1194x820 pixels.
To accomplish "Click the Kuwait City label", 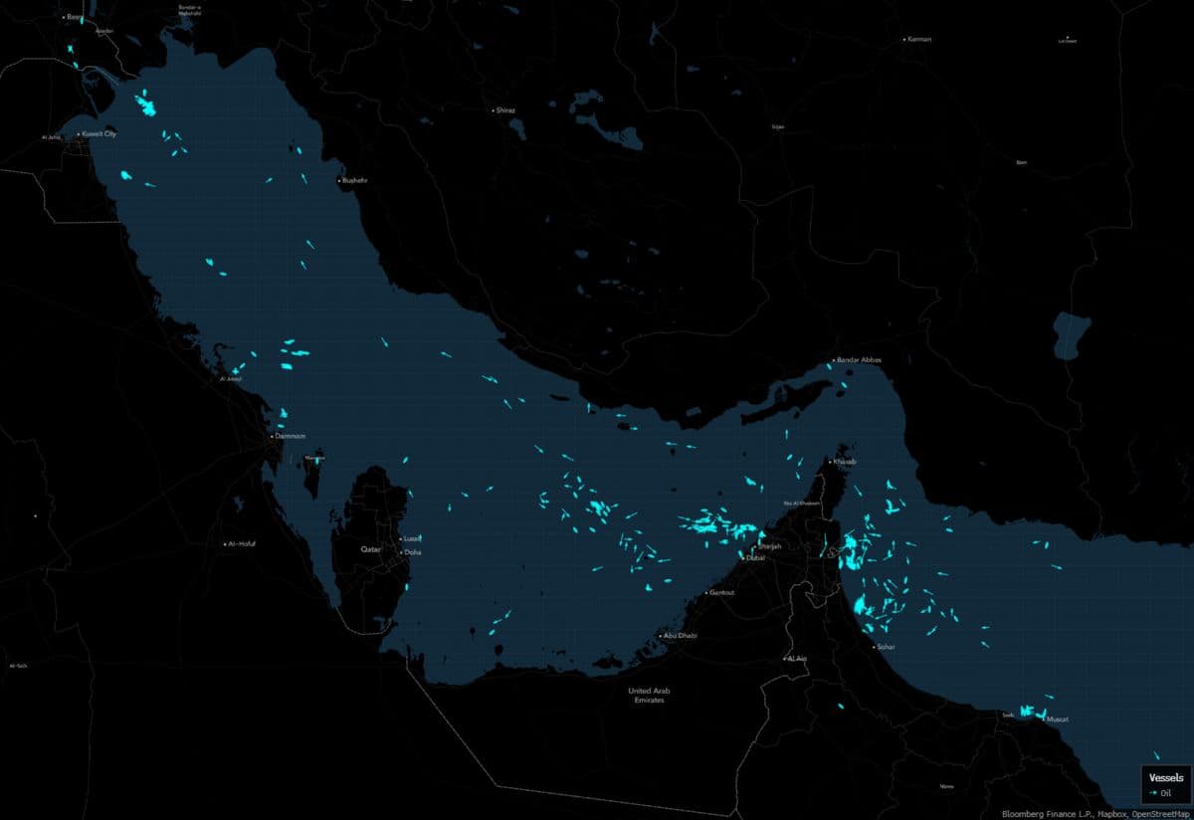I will pyautogui.click(x=99, y=133).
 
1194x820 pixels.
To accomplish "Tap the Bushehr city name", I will pyautogui.click(x=355, y=181).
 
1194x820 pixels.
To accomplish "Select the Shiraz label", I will pyautogui.click(x=505, y=109).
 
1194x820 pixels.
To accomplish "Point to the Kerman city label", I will pyautogui.click(x=919, y=39).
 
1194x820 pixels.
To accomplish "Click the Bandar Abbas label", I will pyautogui.click(x=860, y=359).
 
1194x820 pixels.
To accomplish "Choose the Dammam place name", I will pyautogui.click(x=291, y=436).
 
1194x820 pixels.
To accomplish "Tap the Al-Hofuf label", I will pyautogui.click(x=243, y=544).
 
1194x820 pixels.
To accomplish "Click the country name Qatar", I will pyautogui.click(x=371, y=549).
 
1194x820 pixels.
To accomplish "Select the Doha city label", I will pyautogui.click(x=412, y=551).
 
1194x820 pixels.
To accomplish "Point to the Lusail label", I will pyautogui.click(x=412, y=538).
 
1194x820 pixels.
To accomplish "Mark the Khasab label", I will pyautogui.click(x=844, y=462).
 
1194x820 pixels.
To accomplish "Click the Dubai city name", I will pyautogui.click(x=756, y=558).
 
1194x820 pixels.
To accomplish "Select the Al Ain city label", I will pyautogui.click(x=797, y=658).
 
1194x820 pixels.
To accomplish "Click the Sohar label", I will pyautogui.click(x=886, y=647).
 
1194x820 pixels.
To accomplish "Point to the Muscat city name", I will pyautogui.click(x=1058, y=718).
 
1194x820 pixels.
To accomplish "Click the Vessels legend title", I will pyautogui.click(x=1166, y=776).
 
